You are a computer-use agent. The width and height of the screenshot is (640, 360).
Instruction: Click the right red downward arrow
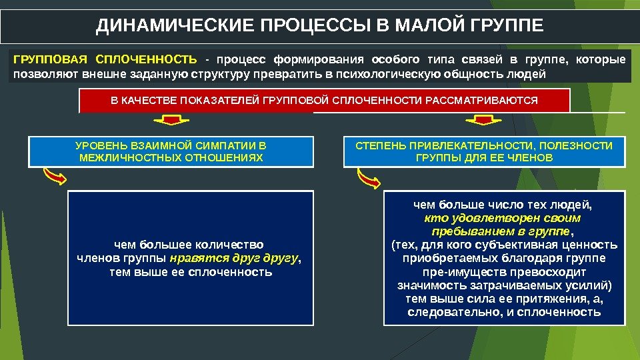point(478,121)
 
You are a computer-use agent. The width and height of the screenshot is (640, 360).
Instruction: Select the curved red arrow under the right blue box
point(368,177)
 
